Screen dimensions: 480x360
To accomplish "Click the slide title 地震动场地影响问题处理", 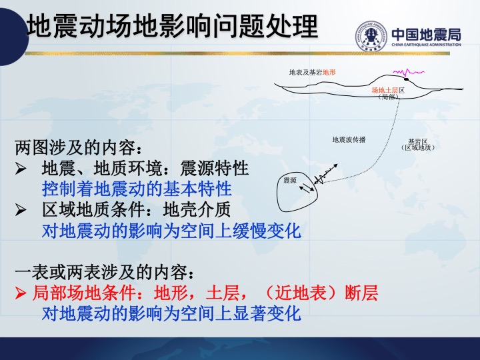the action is click(172, 26).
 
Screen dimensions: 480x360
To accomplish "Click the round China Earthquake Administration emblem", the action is click(371, 36).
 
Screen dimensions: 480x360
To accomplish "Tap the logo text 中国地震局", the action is click(426, 34).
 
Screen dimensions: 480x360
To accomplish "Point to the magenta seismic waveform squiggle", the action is click(409, 73).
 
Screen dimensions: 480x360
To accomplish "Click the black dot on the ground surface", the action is click(406, 79).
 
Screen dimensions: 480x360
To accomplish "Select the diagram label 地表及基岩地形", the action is click(312, 72).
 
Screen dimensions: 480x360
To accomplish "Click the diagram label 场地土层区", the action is click(388, 90).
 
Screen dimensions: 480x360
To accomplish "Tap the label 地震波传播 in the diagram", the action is click(349, 139).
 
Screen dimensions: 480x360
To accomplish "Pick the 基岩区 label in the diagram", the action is click(418, 141).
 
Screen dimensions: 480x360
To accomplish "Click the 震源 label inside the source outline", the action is click(290, 180).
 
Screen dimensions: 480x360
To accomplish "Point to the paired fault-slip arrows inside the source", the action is click(307, 187).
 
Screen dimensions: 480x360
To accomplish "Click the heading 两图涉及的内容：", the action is click(79, 148).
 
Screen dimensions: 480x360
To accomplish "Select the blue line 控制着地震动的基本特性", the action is click(137, 189).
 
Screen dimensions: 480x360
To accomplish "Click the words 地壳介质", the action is click(197, 210).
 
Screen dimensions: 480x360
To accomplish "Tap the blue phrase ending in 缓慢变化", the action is click(171, 231).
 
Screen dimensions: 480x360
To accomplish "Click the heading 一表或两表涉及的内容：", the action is click(105, 272).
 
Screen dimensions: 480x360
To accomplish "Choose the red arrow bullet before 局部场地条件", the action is click(21, 293).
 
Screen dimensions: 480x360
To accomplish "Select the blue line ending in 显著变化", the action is click(171, 313).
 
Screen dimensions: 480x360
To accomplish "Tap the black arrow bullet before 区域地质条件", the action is click(21, 210).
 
